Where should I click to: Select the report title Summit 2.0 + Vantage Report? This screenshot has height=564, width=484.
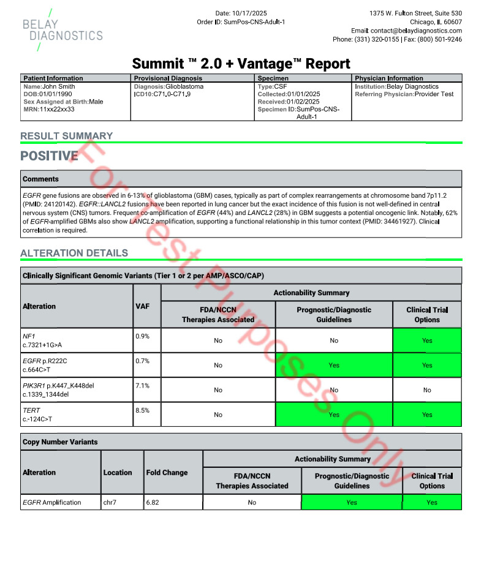tap(241, 64)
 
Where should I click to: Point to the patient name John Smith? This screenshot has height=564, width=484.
tap(59, 87)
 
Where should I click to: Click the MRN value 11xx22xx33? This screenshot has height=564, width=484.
tap(57, 109)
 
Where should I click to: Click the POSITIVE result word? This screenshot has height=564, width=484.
tap(49, 156)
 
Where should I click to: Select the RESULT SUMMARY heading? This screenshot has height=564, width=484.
tap(66, 136)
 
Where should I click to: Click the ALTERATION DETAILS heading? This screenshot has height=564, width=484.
tap(74, 253)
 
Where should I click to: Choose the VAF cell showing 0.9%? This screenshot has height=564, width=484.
tap(142, 336)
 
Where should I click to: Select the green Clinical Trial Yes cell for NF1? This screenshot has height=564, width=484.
tap(427, 340)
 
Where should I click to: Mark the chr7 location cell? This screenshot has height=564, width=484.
tap(111, 502)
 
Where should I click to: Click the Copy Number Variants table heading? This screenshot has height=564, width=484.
tap(60, 442)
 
